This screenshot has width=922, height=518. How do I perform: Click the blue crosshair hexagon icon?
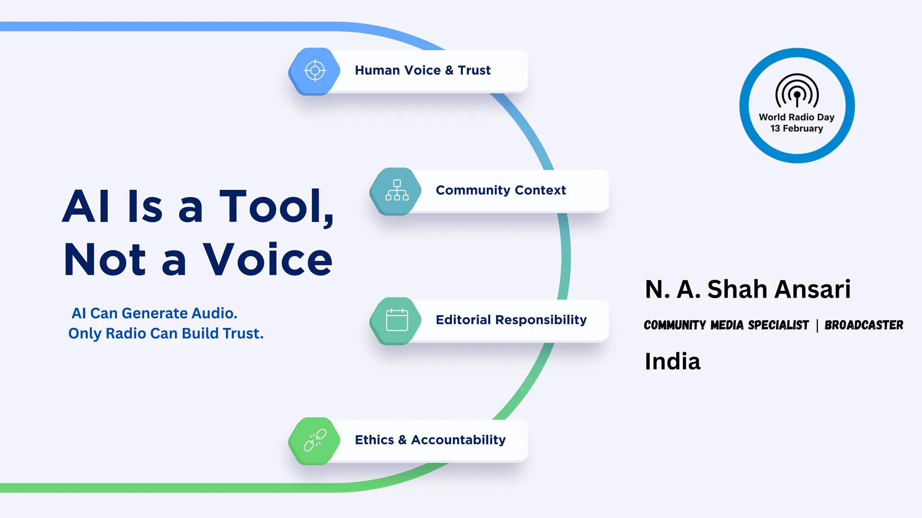click(x=315, y=71)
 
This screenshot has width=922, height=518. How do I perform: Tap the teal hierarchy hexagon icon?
click(x=396, y=191)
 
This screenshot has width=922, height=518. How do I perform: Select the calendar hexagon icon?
click(x=396, y=321)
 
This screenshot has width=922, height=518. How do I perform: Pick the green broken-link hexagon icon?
click(x=315, y=441)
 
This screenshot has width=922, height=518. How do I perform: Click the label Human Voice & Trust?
click(x=422, y=71)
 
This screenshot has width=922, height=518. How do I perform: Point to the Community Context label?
click(x=501, y=190)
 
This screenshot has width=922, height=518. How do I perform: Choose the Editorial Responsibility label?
click(x=511, y=320)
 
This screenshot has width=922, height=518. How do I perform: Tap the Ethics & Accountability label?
click(x=430, y=440)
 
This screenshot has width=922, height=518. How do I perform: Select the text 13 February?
click(x=796, y=129)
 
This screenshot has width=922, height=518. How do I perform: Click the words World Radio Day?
click(x=796, y=117)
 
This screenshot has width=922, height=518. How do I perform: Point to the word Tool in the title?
click(x=275, y=206)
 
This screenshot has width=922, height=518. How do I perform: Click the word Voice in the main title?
click(x=267, y=259)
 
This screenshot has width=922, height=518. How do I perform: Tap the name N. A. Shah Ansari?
click(x=748, y=289)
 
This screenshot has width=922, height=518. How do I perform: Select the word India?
click(x=673, y=361)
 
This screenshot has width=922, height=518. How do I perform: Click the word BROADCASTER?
click(x=863, y=325)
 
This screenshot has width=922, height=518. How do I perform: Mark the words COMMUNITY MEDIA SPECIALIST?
click(x=726, y=325)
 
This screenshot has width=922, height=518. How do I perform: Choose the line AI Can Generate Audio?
click(x=154, y=313)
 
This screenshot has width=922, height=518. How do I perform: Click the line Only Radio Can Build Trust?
click(x=166, y=333)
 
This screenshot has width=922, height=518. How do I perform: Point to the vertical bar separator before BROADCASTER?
click(x=817, y=325)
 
